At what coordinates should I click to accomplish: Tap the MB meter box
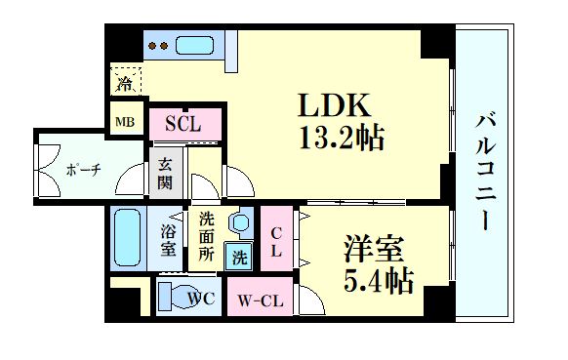pos(126,122)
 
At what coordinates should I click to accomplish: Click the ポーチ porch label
pos(84,170)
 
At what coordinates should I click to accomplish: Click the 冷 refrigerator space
pos(126,83)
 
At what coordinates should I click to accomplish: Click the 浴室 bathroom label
pos(168,240)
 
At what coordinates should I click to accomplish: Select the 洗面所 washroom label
pos(206,236)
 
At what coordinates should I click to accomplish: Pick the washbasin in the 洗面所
pos(237,224)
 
